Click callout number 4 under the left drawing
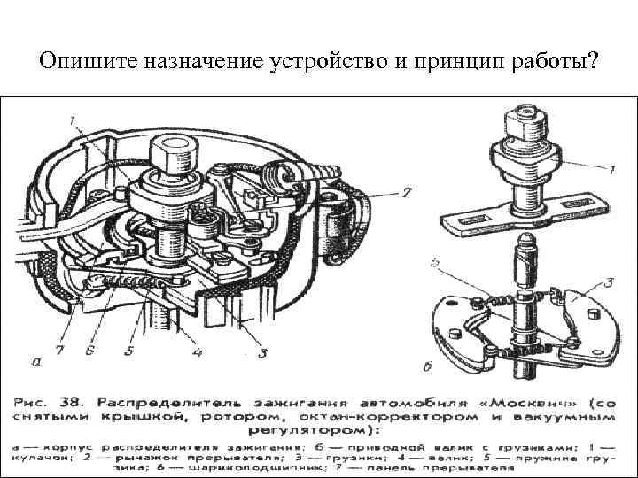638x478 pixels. click(197, 353)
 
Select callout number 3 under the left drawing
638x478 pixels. click(262, 353)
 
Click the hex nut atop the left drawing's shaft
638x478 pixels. click(167, 156)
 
